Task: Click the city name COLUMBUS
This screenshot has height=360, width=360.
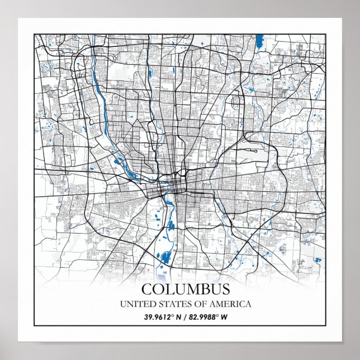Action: click(185, 290)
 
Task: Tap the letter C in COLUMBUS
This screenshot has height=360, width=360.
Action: click(147, 290)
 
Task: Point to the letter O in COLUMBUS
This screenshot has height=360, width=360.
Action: click(158, 290)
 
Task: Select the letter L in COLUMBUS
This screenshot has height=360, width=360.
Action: click(169, 290)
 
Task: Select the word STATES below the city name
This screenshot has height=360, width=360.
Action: click(168, 304)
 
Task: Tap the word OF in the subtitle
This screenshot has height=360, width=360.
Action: click(195, 304)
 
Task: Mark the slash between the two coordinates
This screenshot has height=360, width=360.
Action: click(184, 318)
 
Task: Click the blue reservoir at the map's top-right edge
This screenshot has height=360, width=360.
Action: click(259, 41)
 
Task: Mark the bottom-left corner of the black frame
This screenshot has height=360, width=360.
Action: click(35, 325)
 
